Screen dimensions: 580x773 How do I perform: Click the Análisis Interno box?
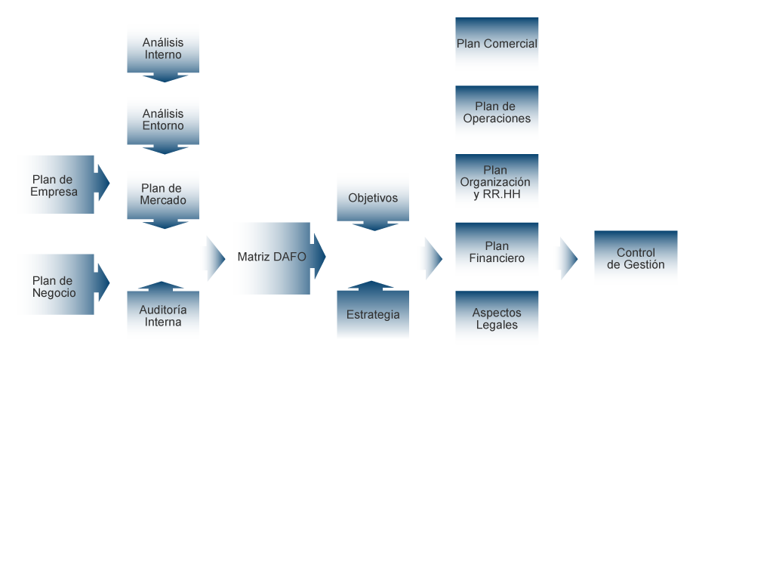(x=163, y=48)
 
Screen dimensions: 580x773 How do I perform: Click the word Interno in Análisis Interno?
(x=163, y=55)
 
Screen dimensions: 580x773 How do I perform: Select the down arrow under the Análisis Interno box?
(x=163, y=77)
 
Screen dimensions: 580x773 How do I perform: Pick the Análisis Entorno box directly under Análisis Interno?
(x=163, y=120)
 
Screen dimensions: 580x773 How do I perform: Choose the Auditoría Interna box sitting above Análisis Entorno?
(x=163, y=316)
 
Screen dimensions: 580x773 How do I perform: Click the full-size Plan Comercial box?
(x=497, y=45)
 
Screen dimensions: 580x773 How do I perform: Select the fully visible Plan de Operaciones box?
(x=497, y=113)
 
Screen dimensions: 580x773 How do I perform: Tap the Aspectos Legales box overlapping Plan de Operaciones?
(x=497, y=319)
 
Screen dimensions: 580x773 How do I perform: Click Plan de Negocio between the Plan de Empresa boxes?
(x=54, y=285)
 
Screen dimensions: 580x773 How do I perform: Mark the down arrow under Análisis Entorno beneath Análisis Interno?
(x=163, y=150)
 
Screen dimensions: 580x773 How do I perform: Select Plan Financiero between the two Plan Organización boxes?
(x=497, y=251)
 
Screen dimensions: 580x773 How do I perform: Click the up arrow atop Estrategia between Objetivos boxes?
(x=372, y=285)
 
